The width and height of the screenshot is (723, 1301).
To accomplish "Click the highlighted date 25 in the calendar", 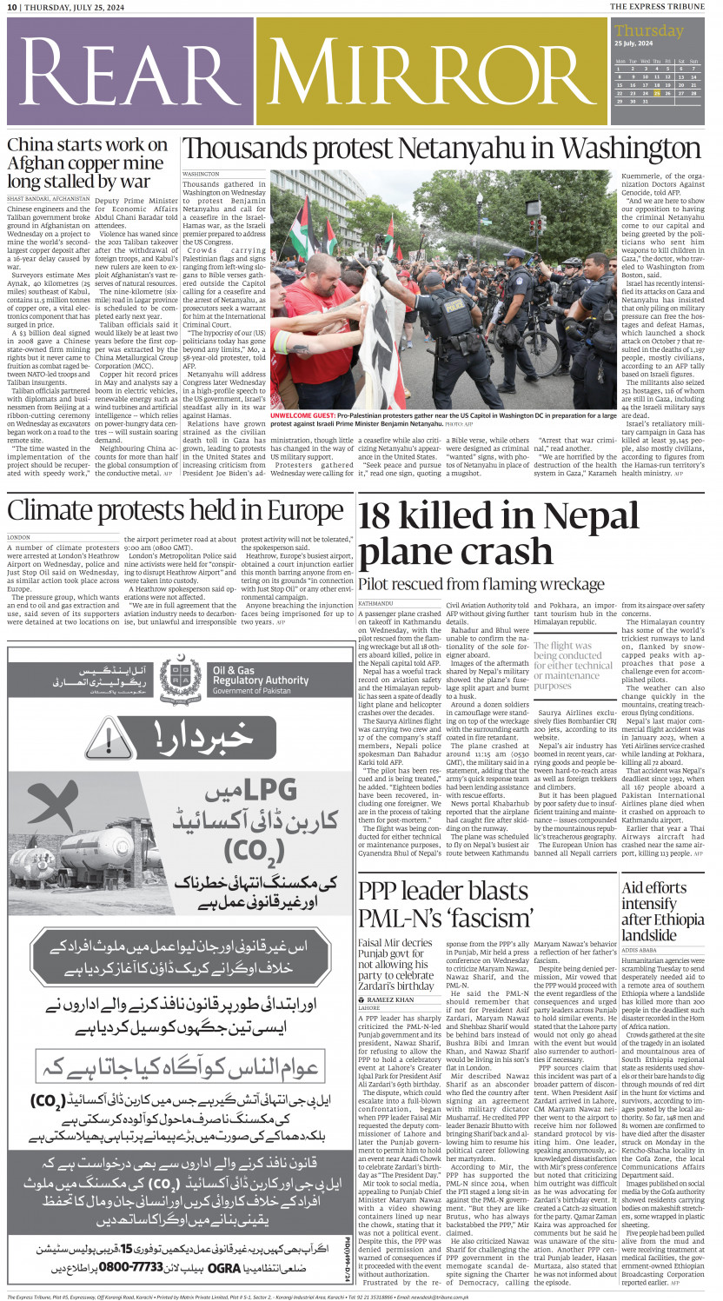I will pyautogui.click(x=644, y=93).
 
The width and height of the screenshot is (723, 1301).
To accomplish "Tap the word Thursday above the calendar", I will pyautogui.click(x=649, y=30).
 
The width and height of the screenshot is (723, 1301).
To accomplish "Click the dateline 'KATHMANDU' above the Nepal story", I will pyautogui.click(x=375, y=602).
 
